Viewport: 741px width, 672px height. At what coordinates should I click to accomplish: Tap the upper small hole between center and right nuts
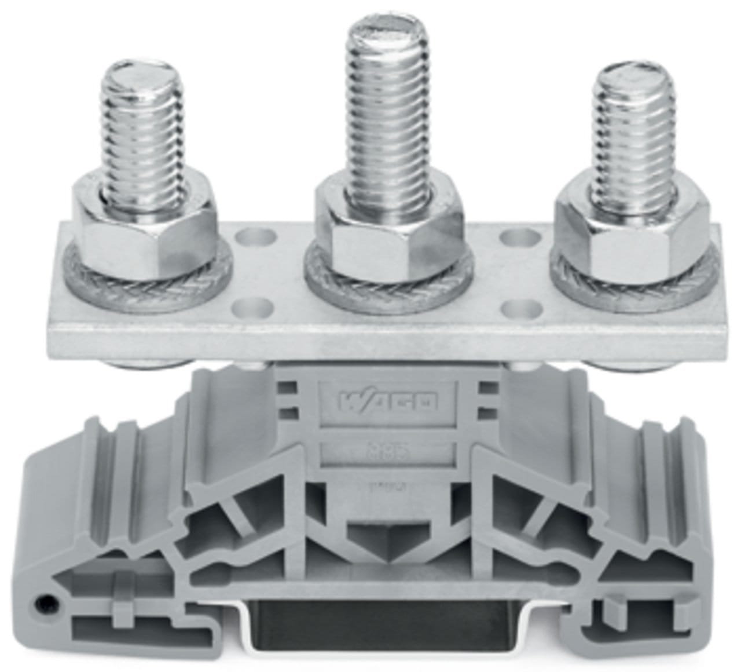click(512, 237)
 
